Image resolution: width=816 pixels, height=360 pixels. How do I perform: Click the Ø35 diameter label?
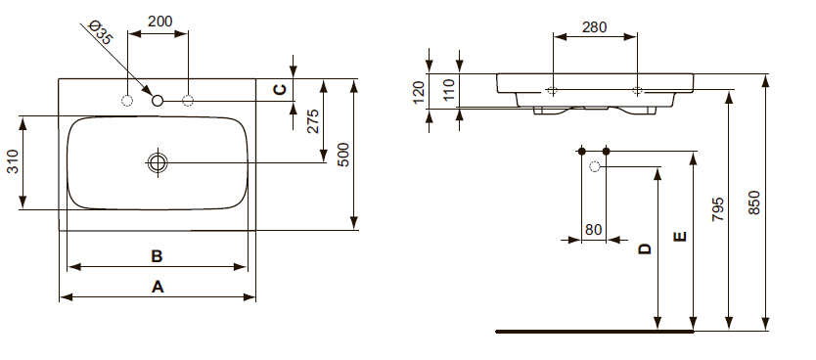(101, 32)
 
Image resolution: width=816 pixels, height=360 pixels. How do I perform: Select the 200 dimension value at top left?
(159, 22)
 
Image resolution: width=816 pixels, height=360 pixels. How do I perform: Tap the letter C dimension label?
(280, 89)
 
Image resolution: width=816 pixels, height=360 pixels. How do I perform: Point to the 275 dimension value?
(313, 121)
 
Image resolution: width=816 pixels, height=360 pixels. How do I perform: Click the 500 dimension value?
(344, 155)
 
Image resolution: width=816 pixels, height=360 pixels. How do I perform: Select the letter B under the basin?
(157, 256)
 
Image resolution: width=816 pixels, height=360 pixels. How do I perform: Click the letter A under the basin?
(158, 287)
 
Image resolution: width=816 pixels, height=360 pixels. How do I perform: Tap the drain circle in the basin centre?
(158, 162)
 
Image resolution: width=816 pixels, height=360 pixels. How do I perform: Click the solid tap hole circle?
(158, 101)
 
